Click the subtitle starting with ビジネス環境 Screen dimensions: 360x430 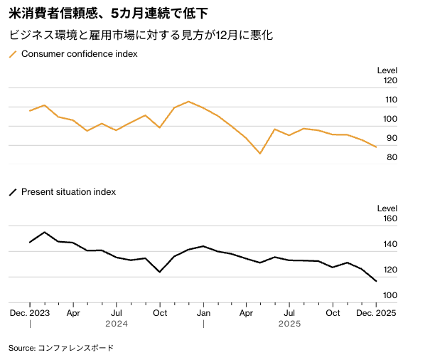[x=141, y=34]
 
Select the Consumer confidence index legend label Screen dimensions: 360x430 [x=79, y=54]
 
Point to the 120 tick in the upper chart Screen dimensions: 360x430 [x=390, y=80]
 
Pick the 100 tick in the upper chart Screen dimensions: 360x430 [x=390, y=119]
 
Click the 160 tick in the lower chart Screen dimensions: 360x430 [x=390, y=219]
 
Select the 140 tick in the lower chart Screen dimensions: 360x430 [x=390, y=245]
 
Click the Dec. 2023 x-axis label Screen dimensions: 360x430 [x=30, y=312]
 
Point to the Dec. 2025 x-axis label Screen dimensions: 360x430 [x=376, y=312]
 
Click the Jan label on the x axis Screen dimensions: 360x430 [x=203, y=312]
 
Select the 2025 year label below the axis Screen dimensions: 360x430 [x=290, y=324]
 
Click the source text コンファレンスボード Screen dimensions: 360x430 [x=75, y=348]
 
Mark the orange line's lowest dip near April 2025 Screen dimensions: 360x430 [x=260, y=154]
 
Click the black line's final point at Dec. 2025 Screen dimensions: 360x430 [x=376, y=282]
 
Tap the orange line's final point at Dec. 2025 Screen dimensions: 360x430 [x=376, y=147]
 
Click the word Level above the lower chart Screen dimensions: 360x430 [x=387, y=208]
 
